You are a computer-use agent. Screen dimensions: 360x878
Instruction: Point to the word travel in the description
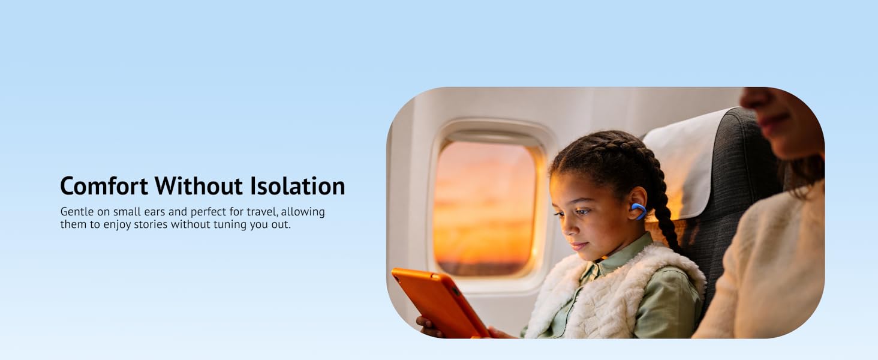[262, 212]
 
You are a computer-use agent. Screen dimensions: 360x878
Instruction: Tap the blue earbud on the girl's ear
[639, 211]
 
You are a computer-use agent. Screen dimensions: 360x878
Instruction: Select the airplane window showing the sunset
[485, 208]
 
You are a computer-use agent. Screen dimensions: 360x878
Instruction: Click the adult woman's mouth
[771, 118]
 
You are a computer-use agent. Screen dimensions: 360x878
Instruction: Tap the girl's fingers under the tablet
[427, 326]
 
